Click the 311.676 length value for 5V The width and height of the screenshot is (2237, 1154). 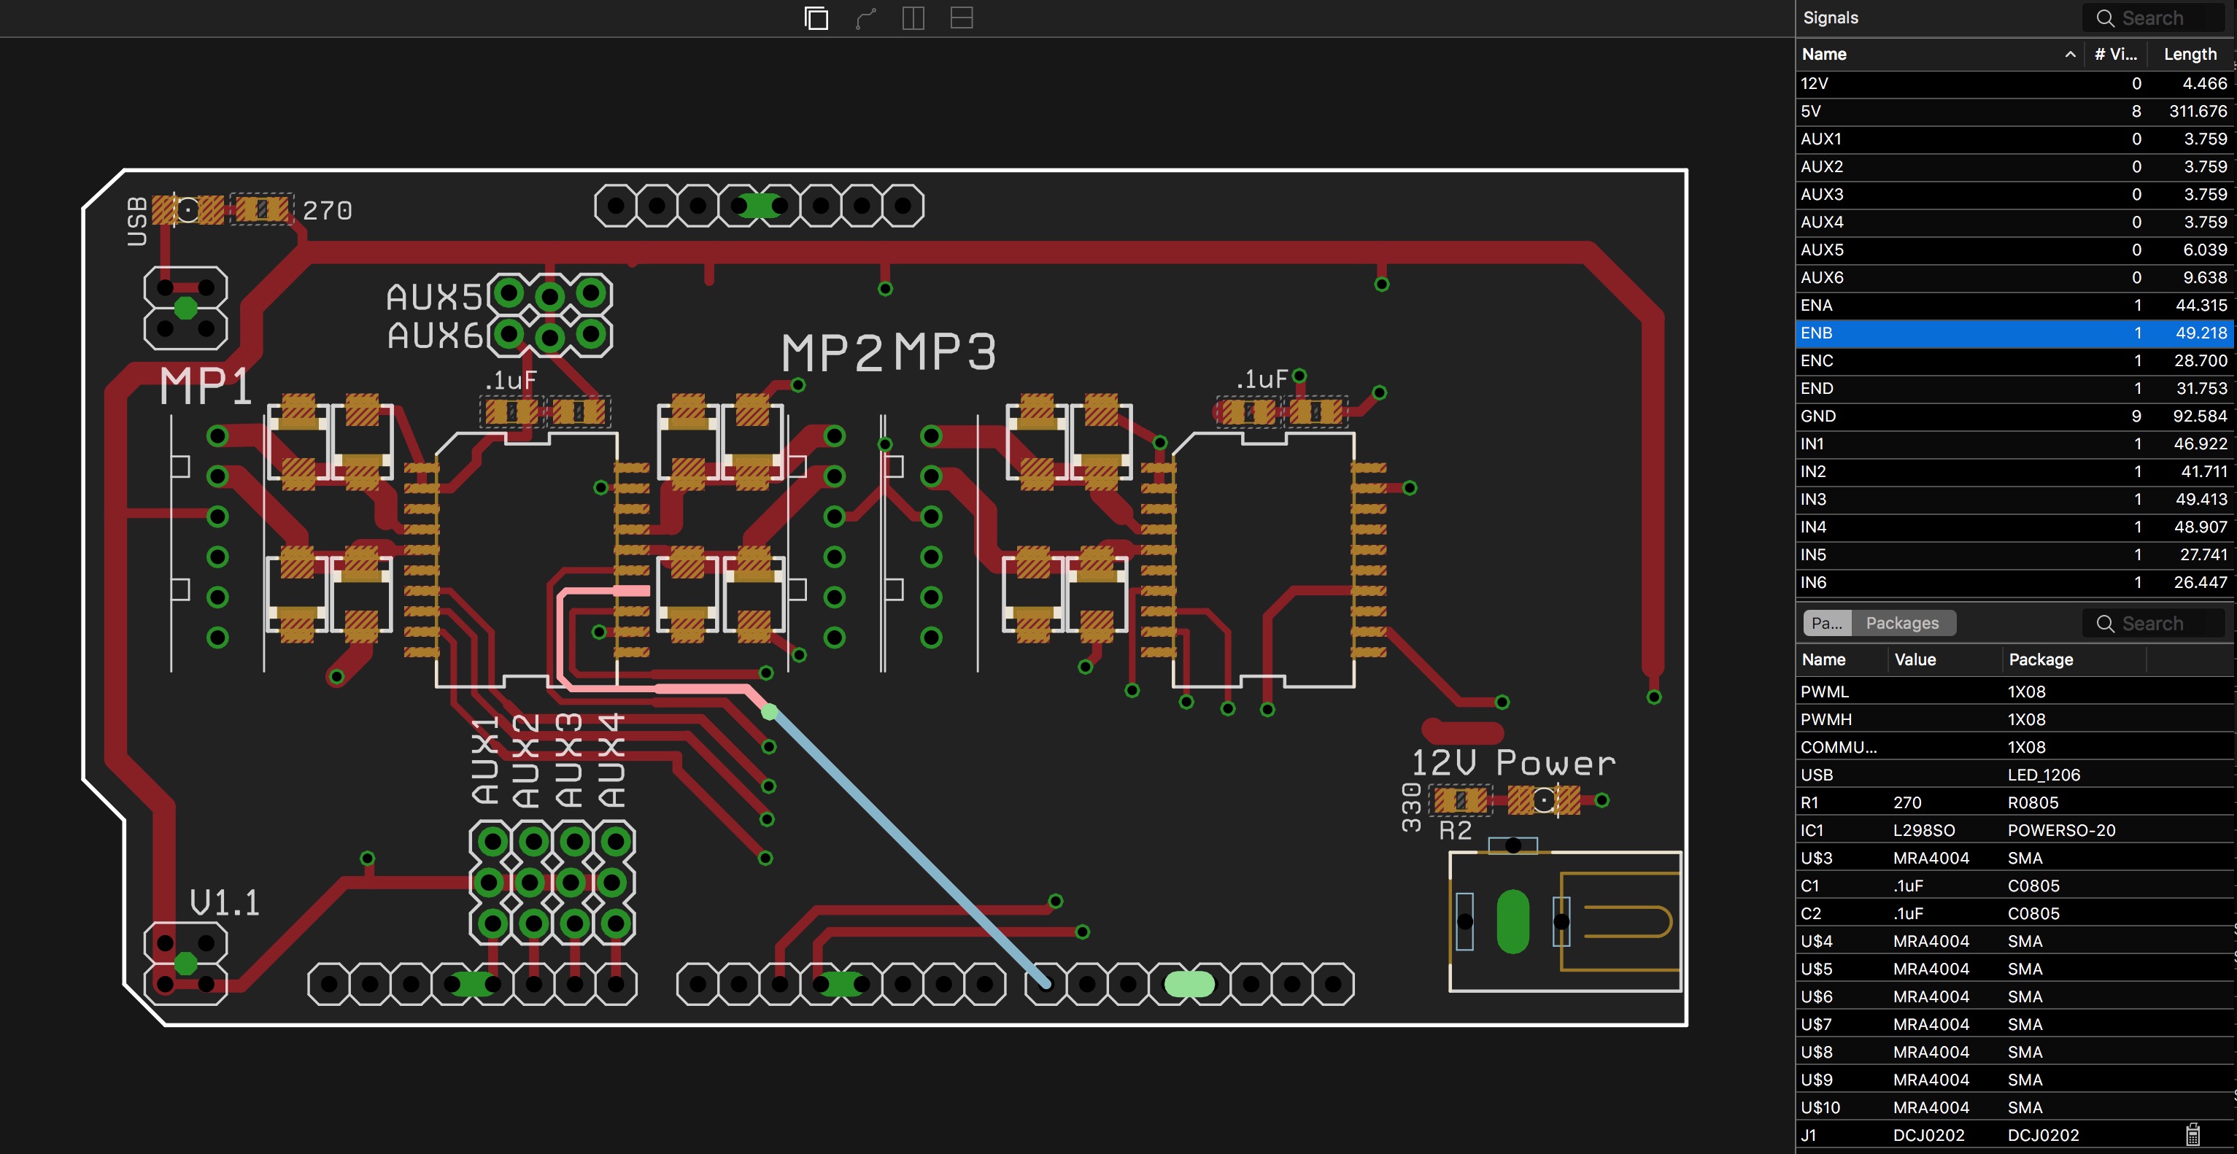point(2197,111)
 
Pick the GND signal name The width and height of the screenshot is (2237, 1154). point(1817,416)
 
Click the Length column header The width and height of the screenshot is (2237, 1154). point(2190,54)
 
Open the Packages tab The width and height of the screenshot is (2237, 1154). point(1902,622)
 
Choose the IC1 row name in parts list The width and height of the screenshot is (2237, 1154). point(1812,830)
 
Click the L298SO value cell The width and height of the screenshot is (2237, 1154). point(1923,830)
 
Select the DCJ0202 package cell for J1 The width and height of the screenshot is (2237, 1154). point(2042,1135)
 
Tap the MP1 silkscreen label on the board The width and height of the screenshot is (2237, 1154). point(206,386)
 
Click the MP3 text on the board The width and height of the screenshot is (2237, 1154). point(945,352)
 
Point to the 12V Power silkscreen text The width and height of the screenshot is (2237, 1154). point(1512,763)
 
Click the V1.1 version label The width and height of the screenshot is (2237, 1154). point(225,903)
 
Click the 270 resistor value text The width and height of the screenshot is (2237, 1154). point(328,210)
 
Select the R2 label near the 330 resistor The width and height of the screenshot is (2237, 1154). point(1456,831)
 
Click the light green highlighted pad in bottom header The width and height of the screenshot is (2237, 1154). point(1189,984)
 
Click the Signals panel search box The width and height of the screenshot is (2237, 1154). point(2153,18)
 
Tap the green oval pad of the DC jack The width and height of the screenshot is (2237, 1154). point(1512,921)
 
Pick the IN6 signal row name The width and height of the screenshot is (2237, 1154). point(1813,583)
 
